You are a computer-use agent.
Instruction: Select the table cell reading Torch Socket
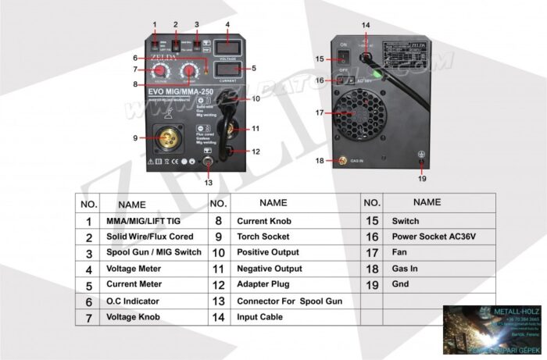(x=263, y=237)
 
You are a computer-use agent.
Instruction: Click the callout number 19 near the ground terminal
(x=421, y=179)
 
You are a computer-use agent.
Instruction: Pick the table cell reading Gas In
(x=405, y=269)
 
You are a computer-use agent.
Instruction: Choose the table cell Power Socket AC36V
(x=434, y=237)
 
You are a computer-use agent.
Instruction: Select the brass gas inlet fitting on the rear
(x=341, y=161)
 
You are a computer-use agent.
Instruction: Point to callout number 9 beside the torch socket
(x=134, y=138)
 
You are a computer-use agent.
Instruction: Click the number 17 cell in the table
(x=372, y=253)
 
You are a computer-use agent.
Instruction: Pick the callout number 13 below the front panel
(x=208, y=183)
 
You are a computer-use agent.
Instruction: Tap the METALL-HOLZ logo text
(x=513, y=312)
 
